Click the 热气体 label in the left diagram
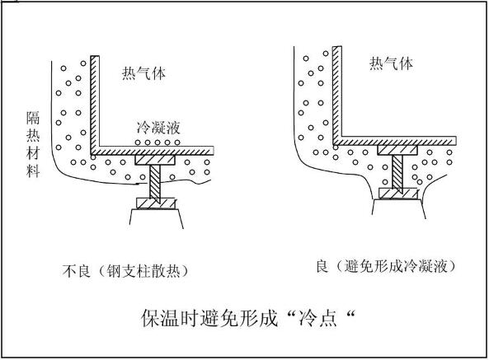pos(143,73)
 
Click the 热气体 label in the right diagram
pos(391,63)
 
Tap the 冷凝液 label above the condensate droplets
pos(158,128)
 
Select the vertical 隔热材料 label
pos(33,144)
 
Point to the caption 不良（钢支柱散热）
pos(125,271)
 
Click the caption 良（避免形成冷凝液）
pos(386,266)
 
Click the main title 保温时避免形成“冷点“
pos(248,318)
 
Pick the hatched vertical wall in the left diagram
pos(95,105)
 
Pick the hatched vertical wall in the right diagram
pos(337,95)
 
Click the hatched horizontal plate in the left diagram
pos(153,151)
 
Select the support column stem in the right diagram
pos(397,172)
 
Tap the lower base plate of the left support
pos(156,203)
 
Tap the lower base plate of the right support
pos(398,194)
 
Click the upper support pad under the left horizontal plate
pos(155,160)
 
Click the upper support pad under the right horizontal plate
pos(397,150)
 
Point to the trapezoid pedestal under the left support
pos(156,219)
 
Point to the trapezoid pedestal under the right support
pos(399,209)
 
